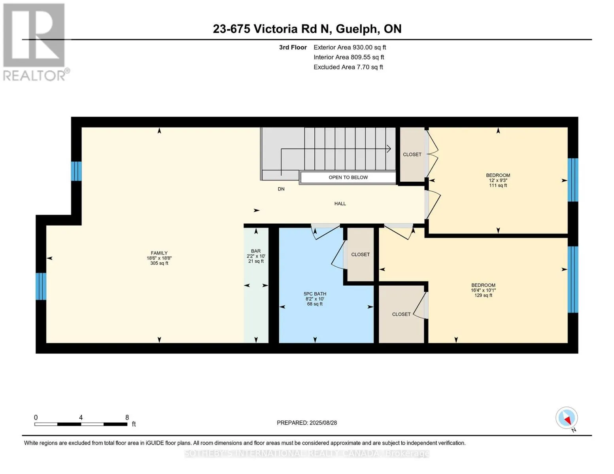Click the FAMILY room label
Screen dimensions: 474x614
(159, 253)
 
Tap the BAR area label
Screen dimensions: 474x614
(256, 251)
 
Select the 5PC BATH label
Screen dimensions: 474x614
(315, 294)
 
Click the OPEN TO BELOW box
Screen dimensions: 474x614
(348, 177)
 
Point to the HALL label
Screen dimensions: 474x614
(340, 204)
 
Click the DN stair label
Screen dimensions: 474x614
(281, 189)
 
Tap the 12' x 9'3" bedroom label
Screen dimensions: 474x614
(498, 180)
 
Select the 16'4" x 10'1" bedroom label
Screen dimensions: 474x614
(483, 290)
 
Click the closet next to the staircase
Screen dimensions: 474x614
(412, 154)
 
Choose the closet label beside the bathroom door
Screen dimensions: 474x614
(360, 255)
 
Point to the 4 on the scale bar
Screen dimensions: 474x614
(81, 418)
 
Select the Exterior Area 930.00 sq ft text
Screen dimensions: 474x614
(350, 47)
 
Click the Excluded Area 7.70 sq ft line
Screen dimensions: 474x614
(348, 67)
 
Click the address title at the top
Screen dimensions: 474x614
(307, 29)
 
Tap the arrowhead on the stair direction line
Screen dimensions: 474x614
(389, 149)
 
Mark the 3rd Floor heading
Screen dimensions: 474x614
(293, 47)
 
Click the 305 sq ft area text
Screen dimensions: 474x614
(159, 263)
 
